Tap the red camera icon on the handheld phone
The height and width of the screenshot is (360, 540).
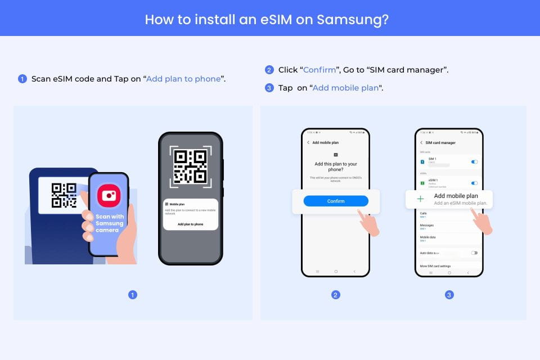tap(109, 196)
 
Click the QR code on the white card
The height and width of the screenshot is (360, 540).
tap(64, 195)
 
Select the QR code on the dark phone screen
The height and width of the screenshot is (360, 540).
tap(191, 166)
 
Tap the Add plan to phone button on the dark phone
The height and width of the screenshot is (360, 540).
tap(190, 224)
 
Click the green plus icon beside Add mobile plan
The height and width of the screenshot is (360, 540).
tap(420, 199)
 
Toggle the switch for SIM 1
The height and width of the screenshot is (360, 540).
tap(474, 162)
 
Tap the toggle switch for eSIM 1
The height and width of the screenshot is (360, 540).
tap(474, 183)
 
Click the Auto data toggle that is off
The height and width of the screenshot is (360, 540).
tap(474, 253)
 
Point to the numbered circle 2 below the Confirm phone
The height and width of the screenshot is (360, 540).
tap(336, 295)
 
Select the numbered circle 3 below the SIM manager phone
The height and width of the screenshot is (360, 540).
tap(449, 295)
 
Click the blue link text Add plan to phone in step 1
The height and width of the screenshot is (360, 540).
tap(183, 79)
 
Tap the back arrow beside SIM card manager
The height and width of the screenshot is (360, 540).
tap(421, 143)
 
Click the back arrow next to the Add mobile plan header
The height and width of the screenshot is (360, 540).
tap(308, 143)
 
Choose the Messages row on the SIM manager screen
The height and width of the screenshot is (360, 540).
tap(427, 226)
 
